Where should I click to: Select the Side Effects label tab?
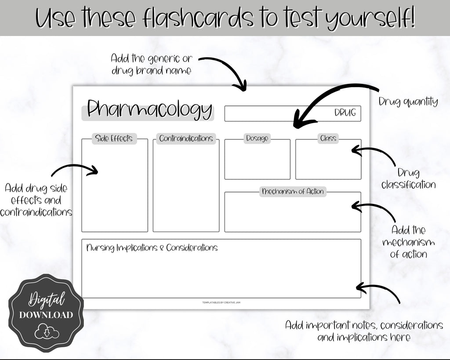(114, 139)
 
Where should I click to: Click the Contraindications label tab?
(186, 139)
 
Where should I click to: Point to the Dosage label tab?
(257, 139)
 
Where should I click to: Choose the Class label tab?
(328, 139)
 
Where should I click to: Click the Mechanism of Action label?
(293, 192)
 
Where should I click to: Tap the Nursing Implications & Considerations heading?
(152, 248)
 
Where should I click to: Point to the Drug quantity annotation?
(408, 102)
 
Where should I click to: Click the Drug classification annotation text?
(409, 178)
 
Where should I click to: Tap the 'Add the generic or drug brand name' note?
(151, 64)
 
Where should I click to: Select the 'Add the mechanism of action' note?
(408, 242)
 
